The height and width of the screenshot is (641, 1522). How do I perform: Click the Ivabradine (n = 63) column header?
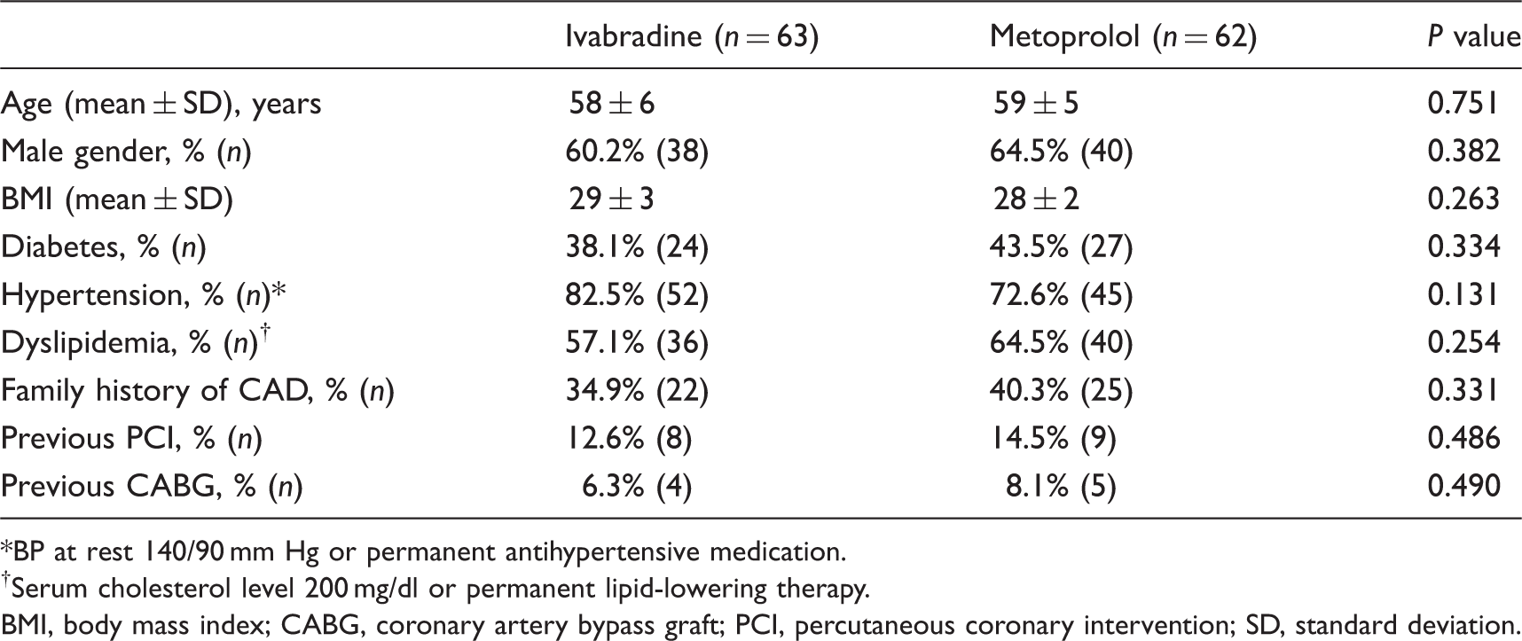[692, 36]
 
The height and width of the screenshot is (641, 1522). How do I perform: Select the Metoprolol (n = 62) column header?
[1123, 36]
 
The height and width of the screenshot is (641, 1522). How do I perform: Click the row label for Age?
[161, 104]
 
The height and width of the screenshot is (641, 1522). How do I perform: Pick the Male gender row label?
[126, 152]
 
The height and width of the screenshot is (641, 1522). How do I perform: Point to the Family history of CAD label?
[197, 391]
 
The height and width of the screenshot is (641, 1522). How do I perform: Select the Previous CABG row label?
[152, 487]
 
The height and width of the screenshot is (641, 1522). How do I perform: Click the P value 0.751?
[1463, 104]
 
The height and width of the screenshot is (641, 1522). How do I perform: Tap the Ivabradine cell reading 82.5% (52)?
[637, 295]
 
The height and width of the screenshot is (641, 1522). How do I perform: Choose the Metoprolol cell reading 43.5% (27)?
[1061, 247]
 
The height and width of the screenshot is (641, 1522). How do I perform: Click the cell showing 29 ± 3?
[611, 199]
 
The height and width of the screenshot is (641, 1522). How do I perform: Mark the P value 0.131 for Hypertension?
[1463, 295]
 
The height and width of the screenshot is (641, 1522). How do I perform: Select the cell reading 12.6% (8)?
[629, 439]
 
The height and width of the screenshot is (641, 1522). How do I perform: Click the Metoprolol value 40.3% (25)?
[1061, 391]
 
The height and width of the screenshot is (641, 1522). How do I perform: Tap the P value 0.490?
[1463, 487]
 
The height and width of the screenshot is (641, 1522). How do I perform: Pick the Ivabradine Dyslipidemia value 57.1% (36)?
[637, 343]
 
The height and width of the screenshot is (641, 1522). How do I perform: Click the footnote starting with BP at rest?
[424, 552]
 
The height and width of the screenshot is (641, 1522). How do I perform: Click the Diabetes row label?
[104, 247]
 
